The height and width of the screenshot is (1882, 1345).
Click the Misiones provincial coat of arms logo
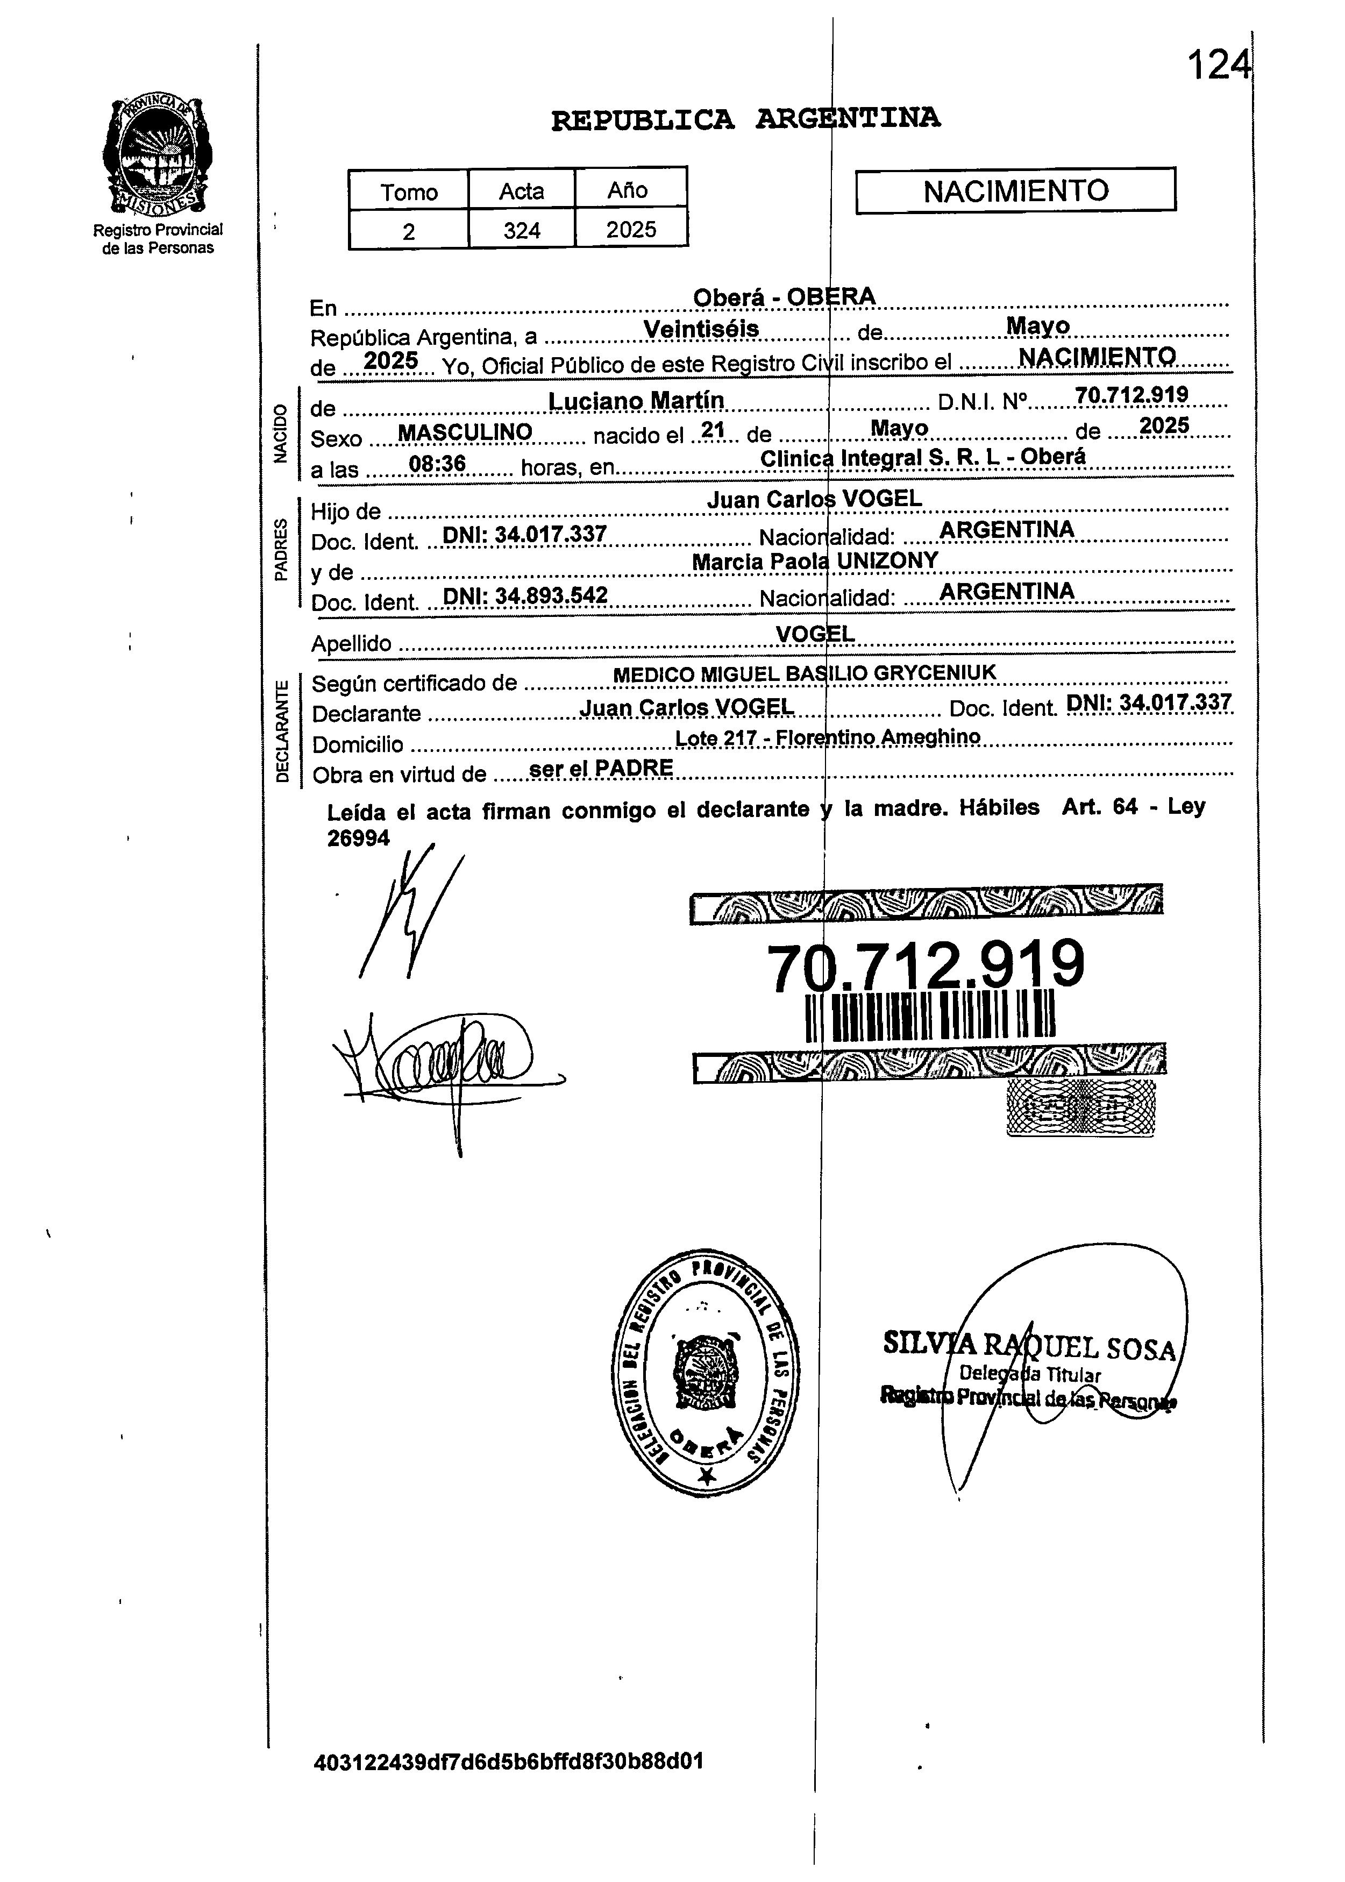click(158, 156)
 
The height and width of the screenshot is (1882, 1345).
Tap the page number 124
click(1218, 65)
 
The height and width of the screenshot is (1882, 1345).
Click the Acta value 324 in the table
click(522, 230)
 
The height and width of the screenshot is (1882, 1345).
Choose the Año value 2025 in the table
click(630, 230)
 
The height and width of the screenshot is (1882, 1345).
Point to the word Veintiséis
click(701, 329)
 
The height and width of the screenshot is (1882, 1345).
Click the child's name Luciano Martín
click(636, 401)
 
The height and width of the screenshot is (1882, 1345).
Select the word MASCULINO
click(465, 432)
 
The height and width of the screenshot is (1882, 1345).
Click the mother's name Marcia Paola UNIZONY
click(815, 561)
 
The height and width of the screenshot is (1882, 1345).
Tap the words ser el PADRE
click(601, 768)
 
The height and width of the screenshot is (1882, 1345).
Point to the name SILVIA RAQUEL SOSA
click(1029, 1346)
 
